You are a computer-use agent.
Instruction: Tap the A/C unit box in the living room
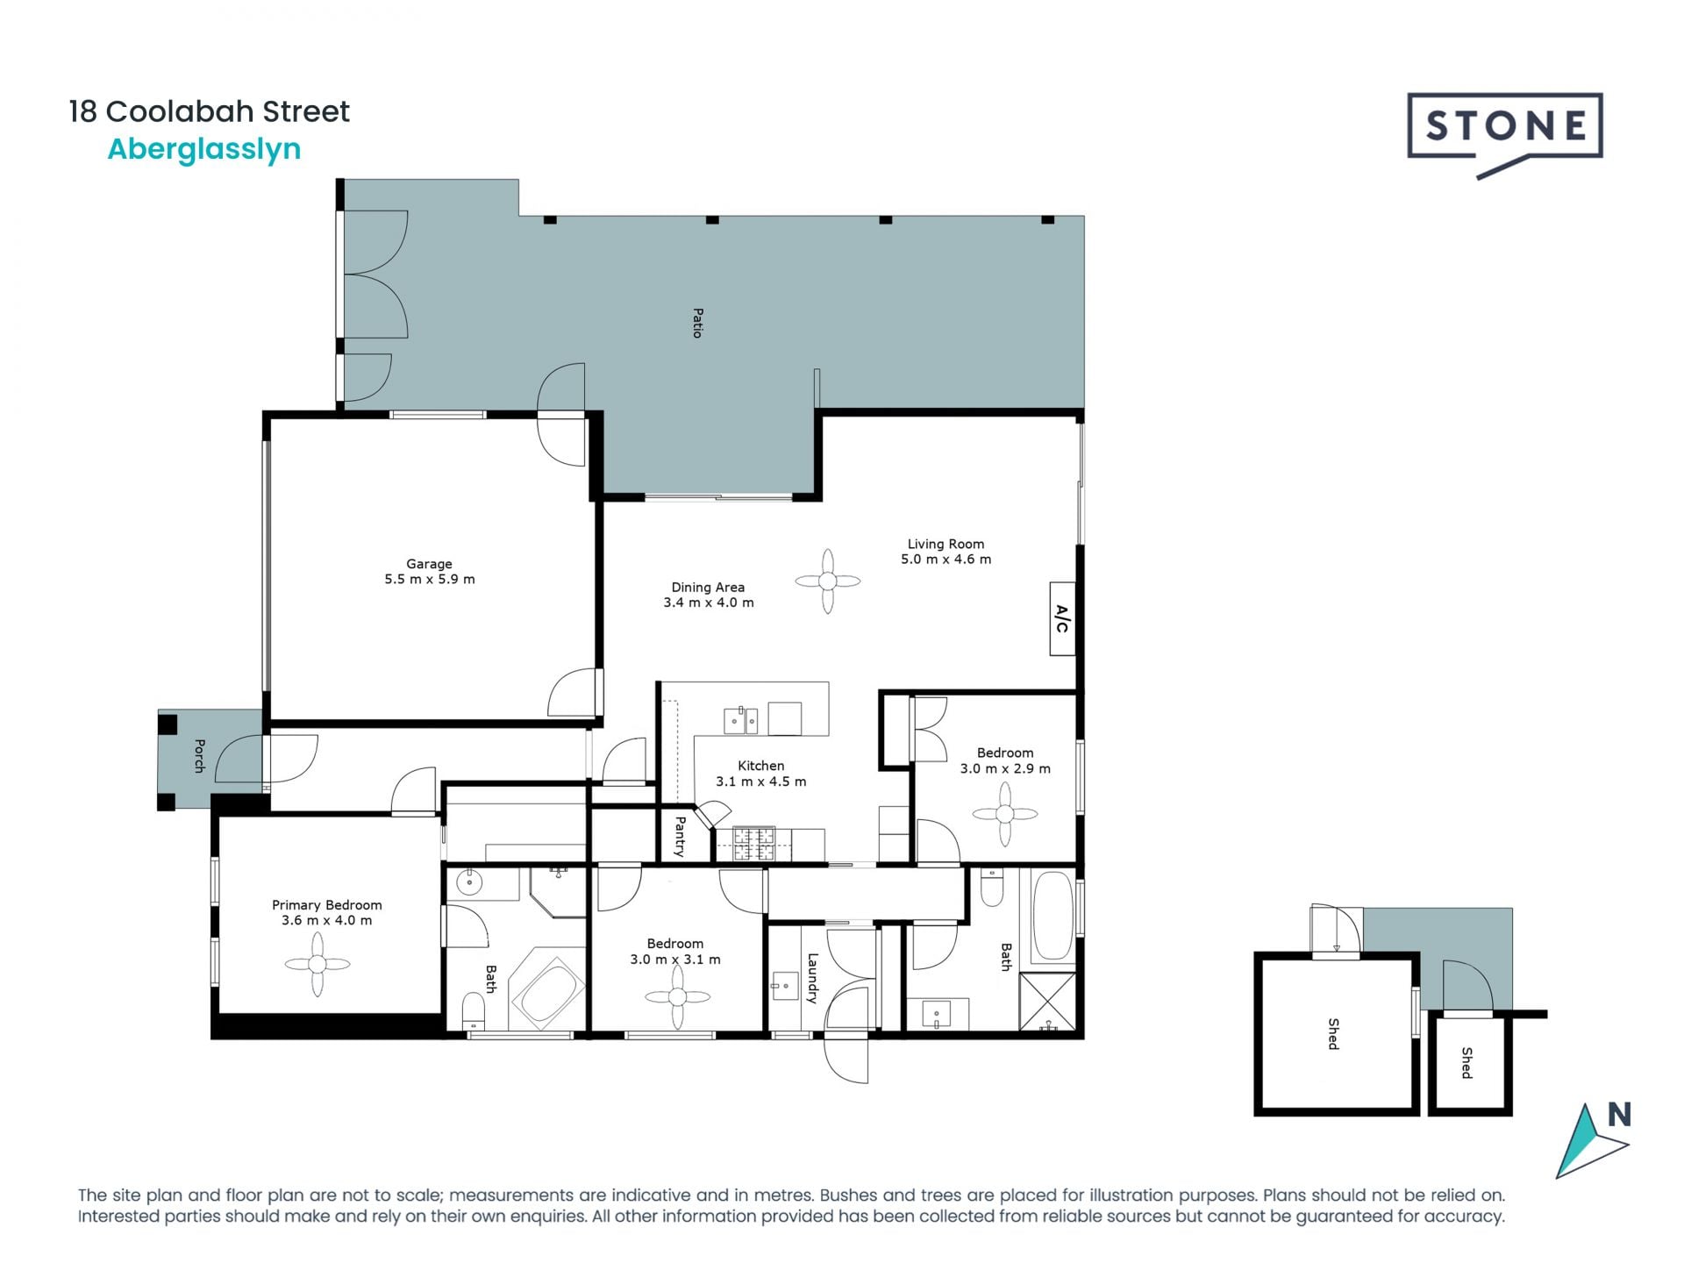coord(1062,618)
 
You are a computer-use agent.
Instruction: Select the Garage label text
coord(429,564)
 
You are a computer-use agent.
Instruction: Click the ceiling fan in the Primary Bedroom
coord(318,964)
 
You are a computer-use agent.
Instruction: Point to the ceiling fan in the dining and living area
coord(827,581)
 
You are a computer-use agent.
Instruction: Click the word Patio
coord(697,323)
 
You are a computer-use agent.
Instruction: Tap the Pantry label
coord(680,836)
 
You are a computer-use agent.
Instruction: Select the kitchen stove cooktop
coord(753,844)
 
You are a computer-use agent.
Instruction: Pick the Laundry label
coord(812,978)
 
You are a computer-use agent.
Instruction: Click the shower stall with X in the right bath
coord(1047,1000)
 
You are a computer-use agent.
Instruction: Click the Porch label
coord(199,756)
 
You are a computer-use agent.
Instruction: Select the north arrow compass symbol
coord(1592,1140)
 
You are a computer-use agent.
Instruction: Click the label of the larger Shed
coord(1333,1034)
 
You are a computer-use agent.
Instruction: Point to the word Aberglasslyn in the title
coord(203,149)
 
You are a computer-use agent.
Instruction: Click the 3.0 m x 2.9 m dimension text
coord(1005,768)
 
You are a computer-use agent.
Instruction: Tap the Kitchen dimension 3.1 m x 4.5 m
coord(760,781)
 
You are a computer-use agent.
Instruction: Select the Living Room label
coord(945,544)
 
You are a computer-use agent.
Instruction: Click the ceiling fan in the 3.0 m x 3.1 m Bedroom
coord(676,997)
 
